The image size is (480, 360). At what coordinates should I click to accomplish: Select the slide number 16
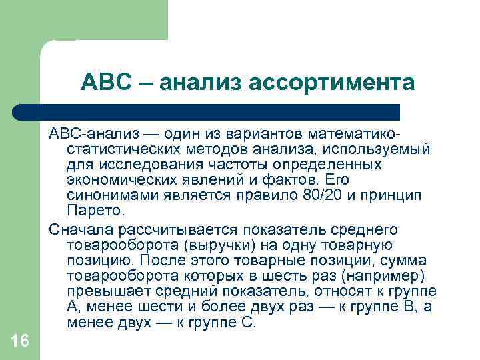(20, 341)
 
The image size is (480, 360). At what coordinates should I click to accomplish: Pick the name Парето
(95, 212)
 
